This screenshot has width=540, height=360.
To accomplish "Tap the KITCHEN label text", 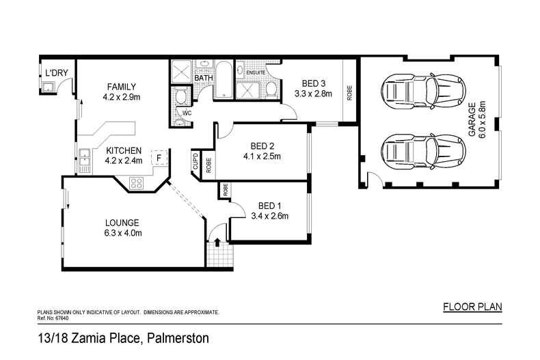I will (124, 151).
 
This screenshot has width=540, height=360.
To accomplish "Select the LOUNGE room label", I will (122, 223).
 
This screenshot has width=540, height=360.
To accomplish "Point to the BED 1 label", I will (270, 206).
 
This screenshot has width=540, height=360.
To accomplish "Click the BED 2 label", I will (262, 146).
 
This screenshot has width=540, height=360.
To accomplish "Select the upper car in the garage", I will (412, 89).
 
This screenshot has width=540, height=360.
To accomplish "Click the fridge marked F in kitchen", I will (159, 158).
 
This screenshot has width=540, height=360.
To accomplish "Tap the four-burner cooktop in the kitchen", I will (137, 182).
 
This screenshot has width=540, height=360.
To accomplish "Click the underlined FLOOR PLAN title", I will (472, 306).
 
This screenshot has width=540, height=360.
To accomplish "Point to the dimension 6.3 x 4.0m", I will (122, 234).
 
